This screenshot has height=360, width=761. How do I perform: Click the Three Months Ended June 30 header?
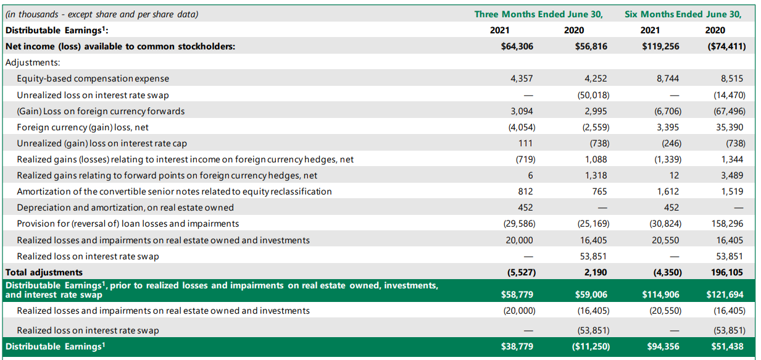click(538, 14)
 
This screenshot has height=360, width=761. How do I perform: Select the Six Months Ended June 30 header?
click(683, 14)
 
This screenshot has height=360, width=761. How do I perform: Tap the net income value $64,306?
click(517, 46)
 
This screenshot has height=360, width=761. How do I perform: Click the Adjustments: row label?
click(32, 62)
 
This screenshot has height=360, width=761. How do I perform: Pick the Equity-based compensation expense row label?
click(93, 78)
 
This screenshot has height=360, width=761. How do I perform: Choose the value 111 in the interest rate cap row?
click(526, 143)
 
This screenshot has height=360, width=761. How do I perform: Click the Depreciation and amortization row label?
click(125, 207)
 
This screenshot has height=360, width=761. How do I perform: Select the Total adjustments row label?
click(44, 272)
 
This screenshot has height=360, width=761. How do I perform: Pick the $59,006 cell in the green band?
click(591, 295)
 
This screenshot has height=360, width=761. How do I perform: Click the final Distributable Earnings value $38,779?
click(517, 346)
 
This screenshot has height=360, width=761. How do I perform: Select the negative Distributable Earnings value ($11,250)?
click(589, 346)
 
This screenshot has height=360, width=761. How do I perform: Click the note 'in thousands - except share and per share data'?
click(102, 14)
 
